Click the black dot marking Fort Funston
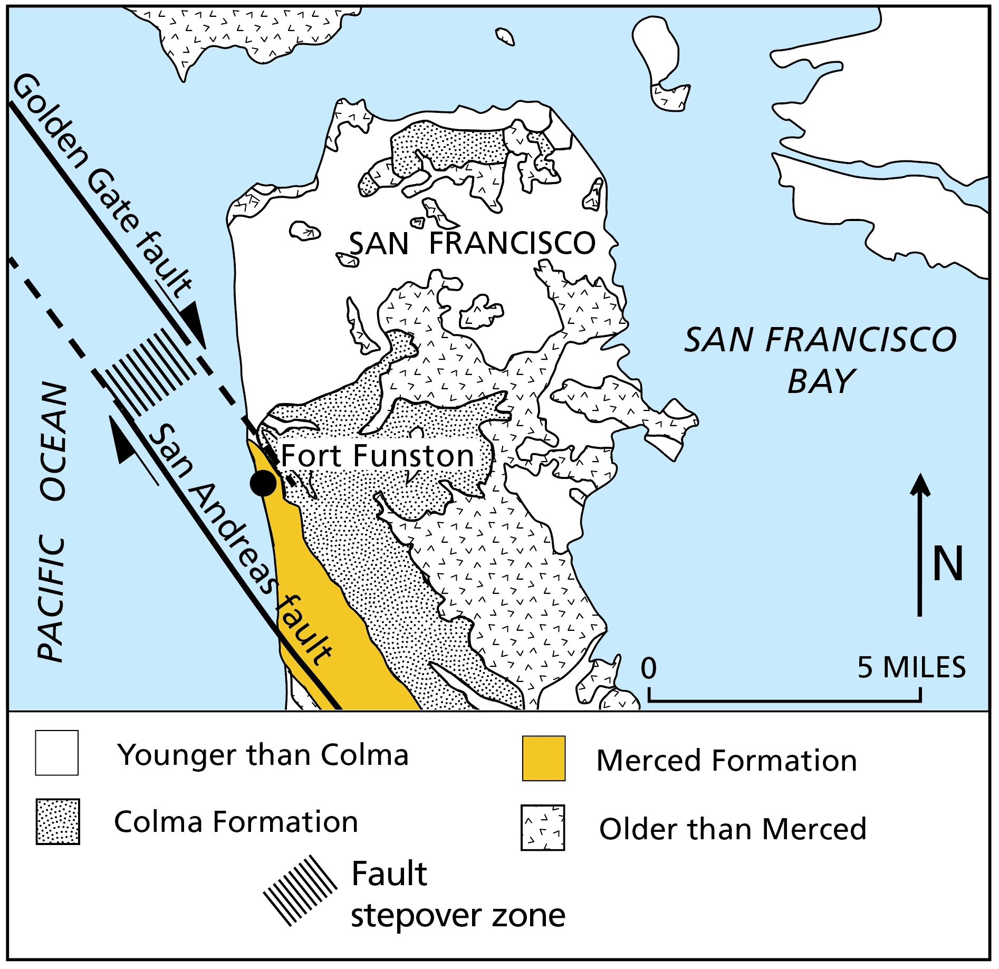tap(263, 483)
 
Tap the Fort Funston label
tap(377, 456)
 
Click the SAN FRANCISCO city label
tap(472, 244)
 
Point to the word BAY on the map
tap(821, 381)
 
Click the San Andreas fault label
tap(240, 543)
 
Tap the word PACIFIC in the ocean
tap(52, 599)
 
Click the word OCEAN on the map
tap(54, 441)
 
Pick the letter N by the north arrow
tap(948, 564)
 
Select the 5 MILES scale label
tap(911, 667)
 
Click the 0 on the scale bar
tap(648, 668)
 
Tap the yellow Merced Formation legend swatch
tap(543, 758)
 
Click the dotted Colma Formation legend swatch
tap(57, 821)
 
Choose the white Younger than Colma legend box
tap(57, 753)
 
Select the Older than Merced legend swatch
tap(542, 827)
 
